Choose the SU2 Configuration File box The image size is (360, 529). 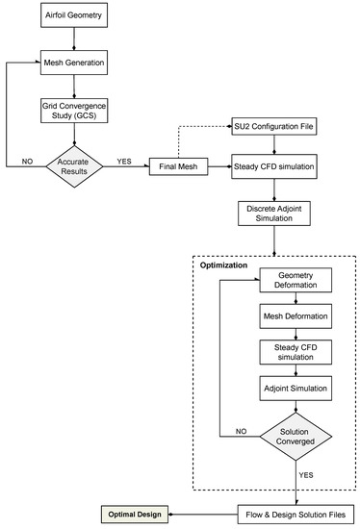[276, 127]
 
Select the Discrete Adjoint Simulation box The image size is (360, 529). [276, 213]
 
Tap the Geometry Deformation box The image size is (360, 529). [296, 280]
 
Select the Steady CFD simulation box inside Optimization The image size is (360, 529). [296, 352]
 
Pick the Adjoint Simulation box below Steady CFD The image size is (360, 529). [296, 390]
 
